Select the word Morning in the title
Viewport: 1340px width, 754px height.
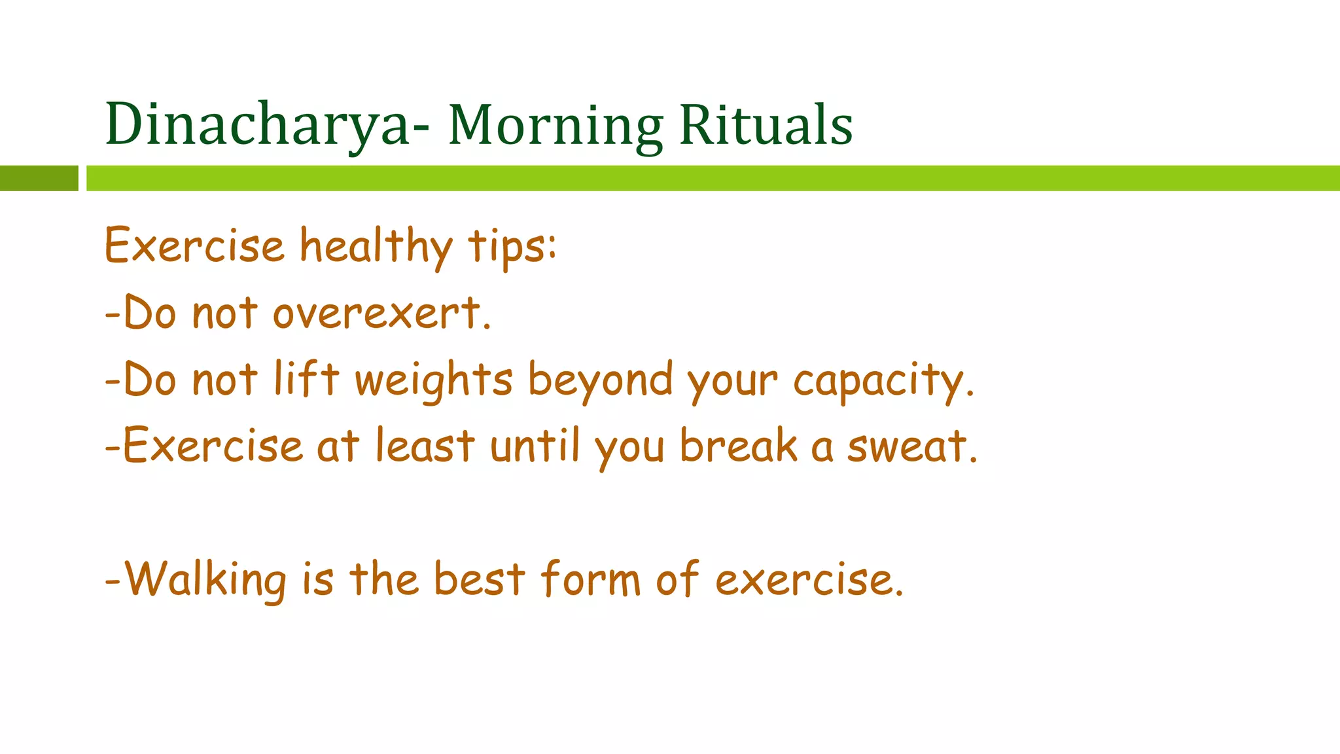coord(555,126)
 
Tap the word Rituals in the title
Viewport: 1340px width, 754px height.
coord(766,124)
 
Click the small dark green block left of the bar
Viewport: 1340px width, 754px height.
coord(39,178)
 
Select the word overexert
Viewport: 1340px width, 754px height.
coord(381,314)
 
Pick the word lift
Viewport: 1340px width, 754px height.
coord(306,379)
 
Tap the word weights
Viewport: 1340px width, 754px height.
coord(434,380)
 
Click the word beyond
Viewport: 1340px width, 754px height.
coord(600,380)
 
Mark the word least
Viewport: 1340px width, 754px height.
coord(425,446)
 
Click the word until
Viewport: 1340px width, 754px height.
coord(535,446)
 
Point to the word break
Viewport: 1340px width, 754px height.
coord(738,446)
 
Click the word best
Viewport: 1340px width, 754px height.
coord(480,579)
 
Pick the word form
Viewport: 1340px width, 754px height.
coord(591,579)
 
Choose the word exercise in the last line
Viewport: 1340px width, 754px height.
coord(809,581)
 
